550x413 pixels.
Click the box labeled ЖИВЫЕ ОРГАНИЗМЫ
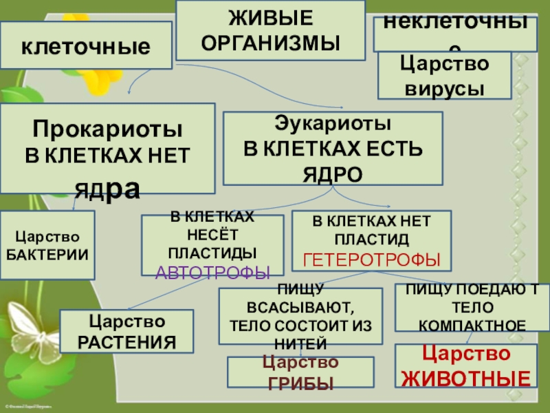coord(270,30)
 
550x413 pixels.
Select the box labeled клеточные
coord(86,46)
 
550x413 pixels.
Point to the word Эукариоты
coord(332,125)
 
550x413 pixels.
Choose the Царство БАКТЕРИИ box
coord(47,245)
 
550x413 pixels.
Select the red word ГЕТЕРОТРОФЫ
coord(372,260)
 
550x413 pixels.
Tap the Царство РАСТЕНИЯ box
coord(127,331)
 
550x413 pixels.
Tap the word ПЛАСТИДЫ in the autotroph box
coord(212,252)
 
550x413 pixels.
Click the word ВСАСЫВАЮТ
coord(300,306)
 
